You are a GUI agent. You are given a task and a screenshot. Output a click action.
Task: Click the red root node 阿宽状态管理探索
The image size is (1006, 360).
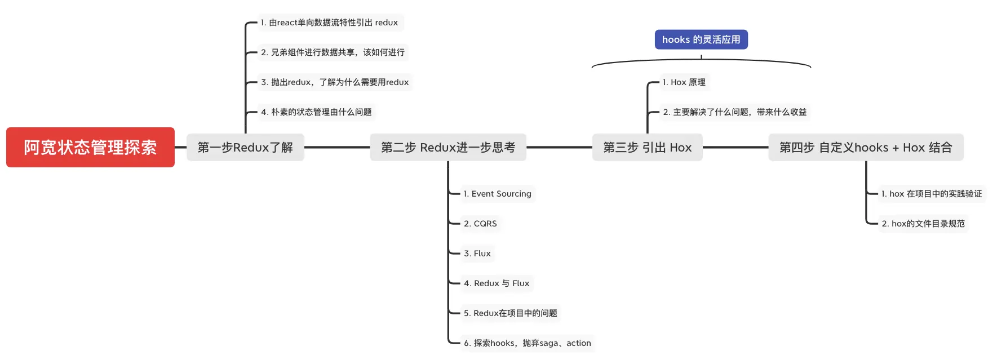[90, 147]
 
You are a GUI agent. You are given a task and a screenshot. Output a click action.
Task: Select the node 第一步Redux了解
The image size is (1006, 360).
[245, 147]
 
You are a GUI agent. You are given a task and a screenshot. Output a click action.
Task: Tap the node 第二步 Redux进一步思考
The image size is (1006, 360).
[448, 147]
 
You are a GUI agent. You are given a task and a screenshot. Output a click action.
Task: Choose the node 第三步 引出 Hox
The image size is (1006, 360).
[647, 147]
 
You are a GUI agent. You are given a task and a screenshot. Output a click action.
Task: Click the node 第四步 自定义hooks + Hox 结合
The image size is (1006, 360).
[866, 147]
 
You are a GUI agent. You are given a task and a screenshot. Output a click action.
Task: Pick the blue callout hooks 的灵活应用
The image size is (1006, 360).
[701, 39]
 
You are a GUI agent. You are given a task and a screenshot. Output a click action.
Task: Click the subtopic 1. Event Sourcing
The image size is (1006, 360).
[497, 194]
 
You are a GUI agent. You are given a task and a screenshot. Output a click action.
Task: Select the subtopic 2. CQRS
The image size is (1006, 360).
[480, 224]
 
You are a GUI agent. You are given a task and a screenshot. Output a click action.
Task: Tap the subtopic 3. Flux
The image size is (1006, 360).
[477, 254]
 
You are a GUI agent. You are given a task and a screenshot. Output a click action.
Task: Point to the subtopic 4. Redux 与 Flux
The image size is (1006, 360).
[497, 283]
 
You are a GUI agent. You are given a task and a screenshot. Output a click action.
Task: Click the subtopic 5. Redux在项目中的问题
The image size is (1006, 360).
[510, 313]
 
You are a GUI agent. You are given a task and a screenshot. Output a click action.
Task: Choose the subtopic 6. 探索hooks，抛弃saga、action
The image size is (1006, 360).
[527, 343]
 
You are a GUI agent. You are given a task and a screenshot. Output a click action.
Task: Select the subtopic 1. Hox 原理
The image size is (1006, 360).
[684, 82]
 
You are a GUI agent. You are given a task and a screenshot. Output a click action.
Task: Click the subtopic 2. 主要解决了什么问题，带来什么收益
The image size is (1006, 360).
[734, 112]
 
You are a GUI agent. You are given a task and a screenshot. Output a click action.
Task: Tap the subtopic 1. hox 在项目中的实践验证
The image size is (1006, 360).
[931, 194]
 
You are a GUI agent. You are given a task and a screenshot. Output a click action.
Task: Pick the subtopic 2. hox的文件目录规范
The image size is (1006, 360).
[923, 224]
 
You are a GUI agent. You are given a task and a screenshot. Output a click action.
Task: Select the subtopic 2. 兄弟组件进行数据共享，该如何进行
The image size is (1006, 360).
[333, 52]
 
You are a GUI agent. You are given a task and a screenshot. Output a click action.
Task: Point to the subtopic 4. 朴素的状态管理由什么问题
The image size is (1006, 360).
[316, 112]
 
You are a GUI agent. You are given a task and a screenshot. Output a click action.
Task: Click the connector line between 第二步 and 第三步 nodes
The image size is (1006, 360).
[559, 147]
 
